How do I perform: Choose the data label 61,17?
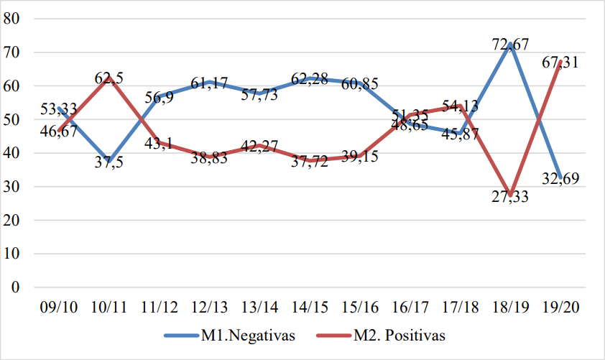(x=210, y=83)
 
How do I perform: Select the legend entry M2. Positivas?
(x=403, y=335)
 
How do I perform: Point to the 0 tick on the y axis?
(x=14, y=287)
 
